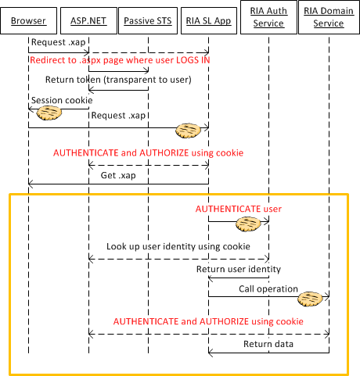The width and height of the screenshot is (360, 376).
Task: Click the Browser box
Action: point(28,21)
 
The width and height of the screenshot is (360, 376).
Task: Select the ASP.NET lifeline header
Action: point(88,21)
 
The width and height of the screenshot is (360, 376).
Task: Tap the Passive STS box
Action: point(148,21)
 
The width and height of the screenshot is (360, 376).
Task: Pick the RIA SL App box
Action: point(209,21)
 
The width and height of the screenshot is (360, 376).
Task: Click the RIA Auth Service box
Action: point(268,17)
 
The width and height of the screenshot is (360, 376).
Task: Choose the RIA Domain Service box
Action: point(329,17)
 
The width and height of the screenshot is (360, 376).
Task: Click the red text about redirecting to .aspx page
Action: point(120,60)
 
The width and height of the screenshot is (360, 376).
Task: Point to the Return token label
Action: point(118,80)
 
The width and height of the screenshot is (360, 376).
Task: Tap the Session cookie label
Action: point(62,100)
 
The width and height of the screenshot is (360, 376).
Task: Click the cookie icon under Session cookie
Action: point(49,113)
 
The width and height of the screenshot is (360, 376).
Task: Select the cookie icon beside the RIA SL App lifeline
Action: point(188,131)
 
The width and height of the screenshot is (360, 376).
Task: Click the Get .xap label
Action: point(118,175)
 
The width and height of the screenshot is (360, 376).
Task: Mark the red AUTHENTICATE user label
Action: point(239,209)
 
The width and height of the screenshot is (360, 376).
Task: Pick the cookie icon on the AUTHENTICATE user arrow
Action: point(248,224)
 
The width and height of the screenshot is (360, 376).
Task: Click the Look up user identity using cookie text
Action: point(178,246)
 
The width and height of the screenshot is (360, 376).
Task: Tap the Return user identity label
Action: point(239,269)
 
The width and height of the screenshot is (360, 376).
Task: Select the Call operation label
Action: point(268,288)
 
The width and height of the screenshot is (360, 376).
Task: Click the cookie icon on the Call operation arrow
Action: point(311,299)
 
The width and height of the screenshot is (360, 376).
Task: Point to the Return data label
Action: point(268,344)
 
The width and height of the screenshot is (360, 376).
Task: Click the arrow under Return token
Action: point(118,90)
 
